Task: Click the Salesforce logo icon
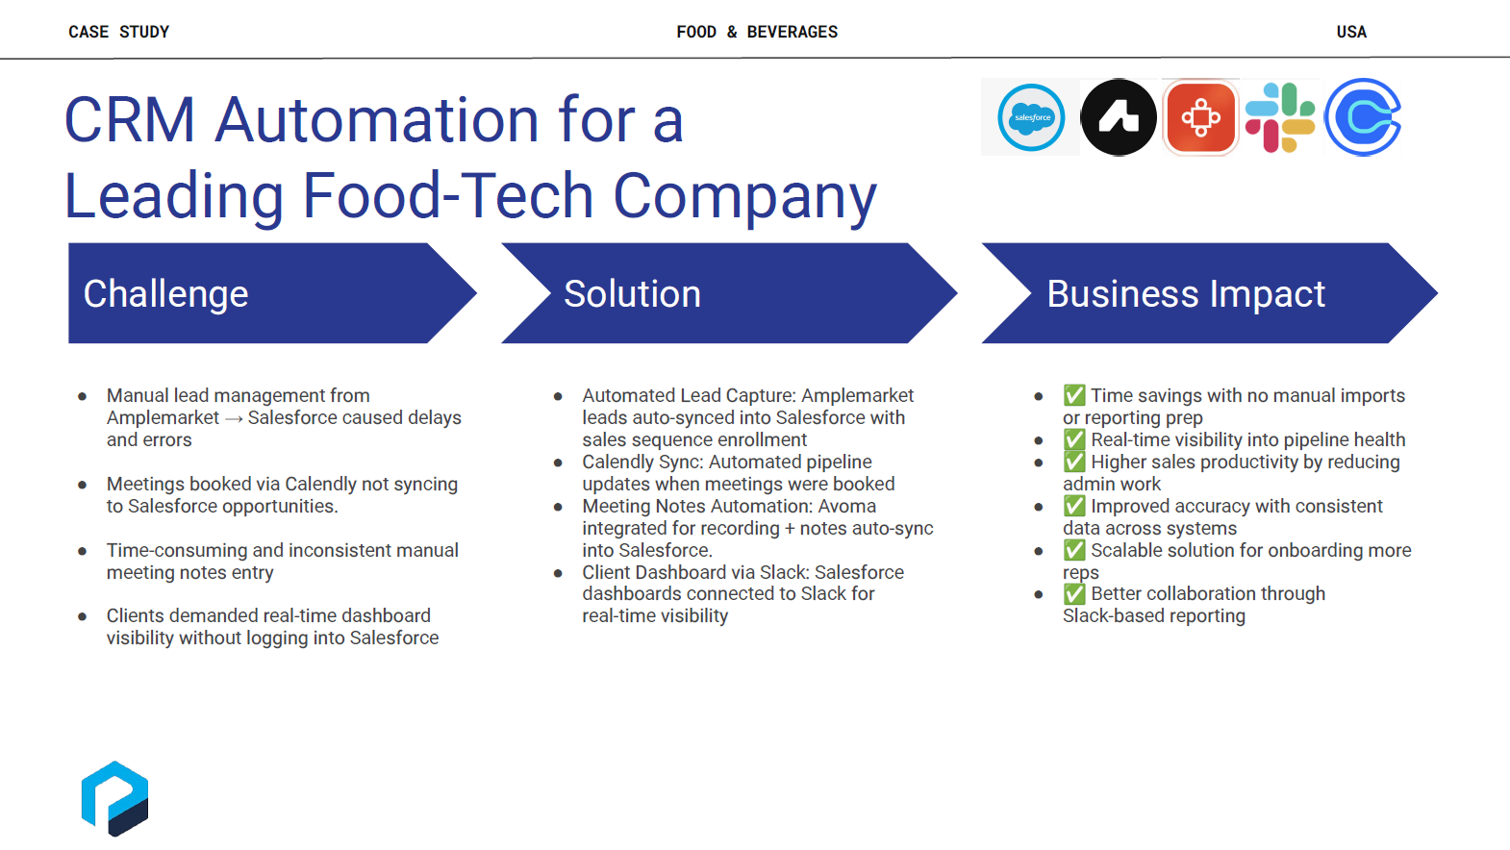coord(1031,117)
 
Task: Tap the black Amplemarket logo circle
coord(1119,117)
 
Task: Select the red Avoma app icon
coord(1200,117)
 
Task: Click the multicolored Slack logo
coord(1279,117)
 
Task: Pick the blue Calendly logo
coord(1363,117)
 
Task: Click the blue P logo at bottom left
coord(114,799)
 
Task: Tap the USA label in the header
coord(1351,32)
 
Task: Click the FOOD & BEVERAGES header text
coord(757,32)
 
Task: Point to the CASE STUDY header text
coord(118,32)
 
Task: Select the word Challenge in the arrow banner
coord(165,294)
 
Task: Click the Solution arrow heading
coord(632,294)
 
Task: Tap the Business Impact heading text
coord(1186,294)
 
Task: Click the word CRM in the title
coord(130,120)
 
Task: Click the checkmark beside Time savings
coord(1074,395)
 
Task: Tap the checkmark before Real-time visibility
coord(1074,439)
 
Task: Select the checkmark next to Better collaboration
coord(1074,594)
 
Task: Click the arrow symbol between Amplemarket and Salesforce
coord(234,418)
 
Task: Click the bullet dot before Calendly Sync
coord(558,462)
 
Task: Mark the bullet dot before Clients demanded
coord(83,616)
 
